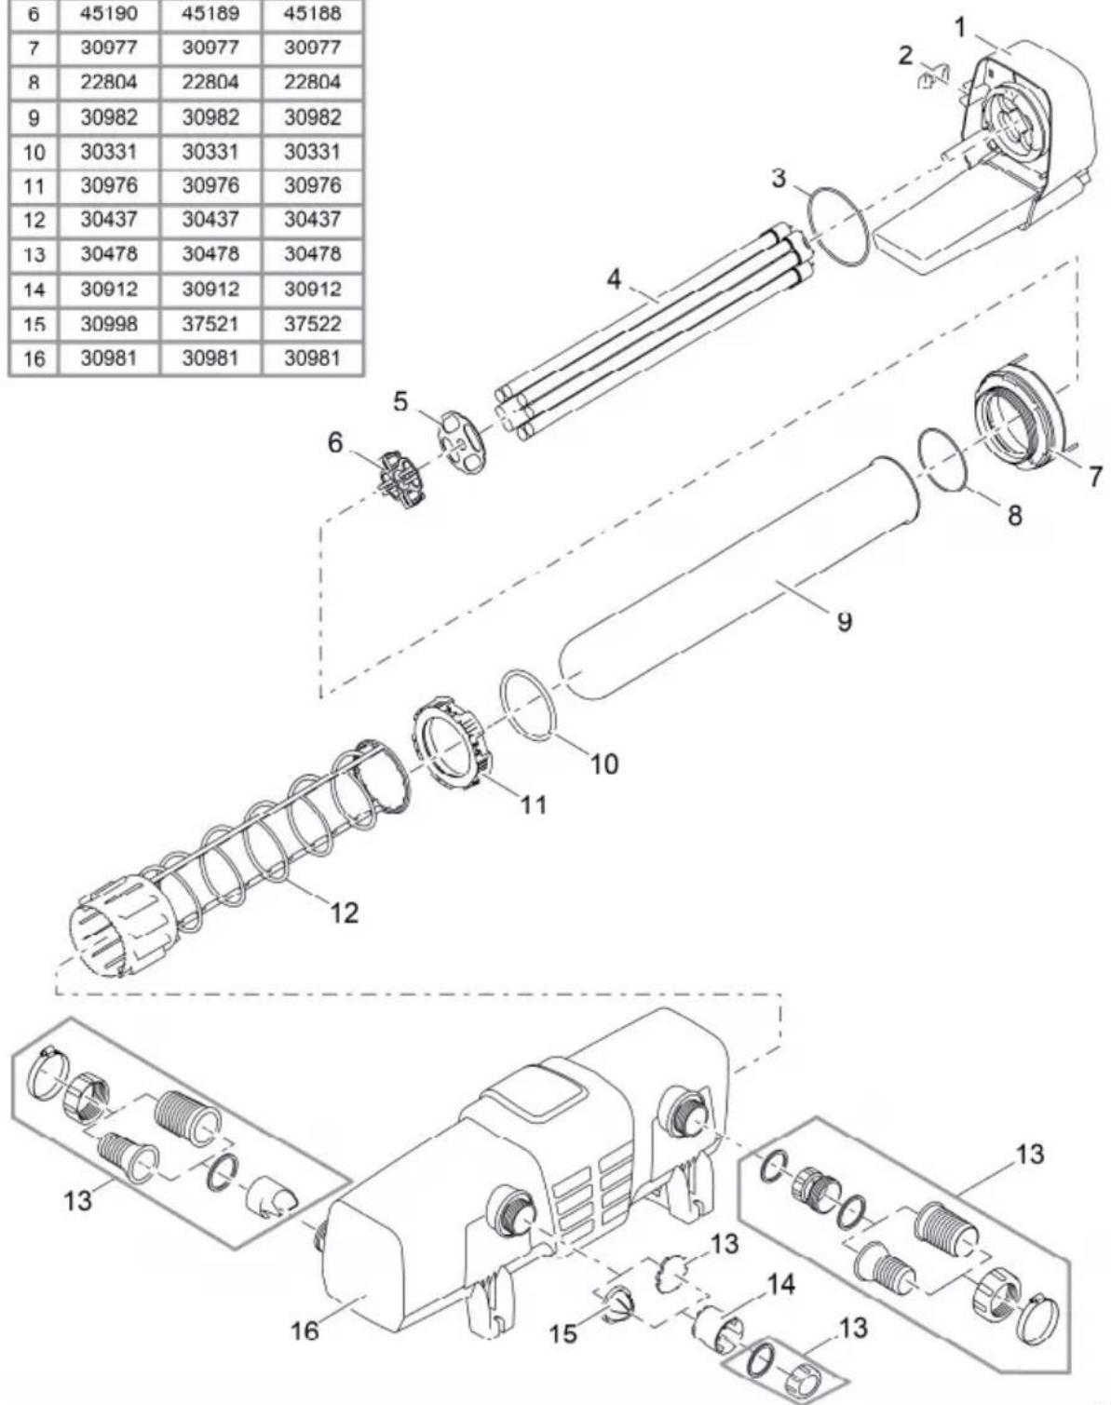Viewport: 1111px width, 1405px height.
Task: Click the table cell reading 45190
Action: [x=109, y=14]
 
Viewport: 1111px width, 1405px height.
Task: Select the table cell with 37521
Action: [x=210, y=324]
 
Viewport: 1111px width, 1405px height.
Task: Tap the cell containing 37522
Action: [x=312, y=324]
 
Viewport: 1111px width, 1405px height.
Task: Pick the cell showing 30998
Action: [x=109, y=324]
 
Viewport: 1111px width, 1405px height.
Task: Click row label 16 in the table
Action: [x=34, y=358]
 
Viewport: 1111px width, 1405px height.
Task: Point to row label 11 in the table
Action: [x=34, y=187]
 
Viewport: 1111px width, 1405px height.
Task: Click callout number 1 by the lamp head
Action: [x=959, y=28]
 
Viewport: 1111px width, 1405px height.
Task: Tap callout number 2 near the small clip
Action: [x=904, y=56]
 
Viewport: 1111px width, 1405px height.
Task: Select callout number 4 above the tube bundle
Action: [x=614, y=279]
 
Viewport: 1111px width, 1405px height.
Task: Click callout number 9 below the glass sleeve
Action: [x=845, y=621]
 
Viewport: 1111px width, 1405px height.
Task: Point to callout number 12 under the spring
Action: [x=345, y=913]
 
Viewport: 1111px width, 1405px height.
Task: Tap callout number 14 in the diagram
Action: [x=780, y=1284]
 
